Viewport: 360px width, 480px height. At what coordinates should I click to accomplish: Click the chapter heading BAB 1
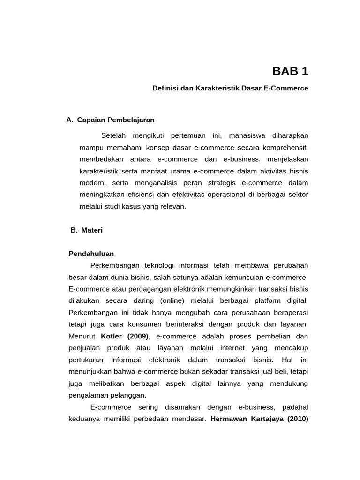(290, 71)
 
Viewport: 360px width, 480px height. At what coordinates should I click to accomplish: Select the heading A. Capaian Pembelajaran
(111, 120)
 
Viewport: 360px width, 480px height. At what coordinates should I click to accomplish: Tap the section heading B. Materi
(86, 230)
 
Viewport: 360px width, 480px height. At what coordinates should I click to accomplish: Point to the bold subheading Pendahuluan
(91, 254)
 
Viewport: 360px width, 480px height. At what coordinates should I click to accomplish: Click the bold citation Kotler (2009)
(125, 336)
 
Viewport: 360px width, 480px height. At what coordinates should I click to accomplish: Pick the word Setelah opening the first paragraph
(116, 135)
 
